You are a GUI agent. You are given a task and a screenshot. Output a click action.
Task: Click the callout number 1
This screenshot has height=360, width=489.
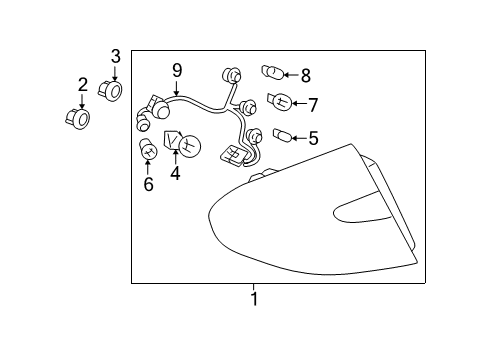click(x=254, y=299)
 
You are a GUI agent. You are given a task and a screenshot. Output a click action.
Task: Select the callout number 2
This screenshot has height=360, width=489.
click(x=83, y=85)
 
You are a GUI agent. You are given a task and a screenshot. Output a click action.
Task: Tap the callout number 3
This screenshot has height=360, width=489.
click(x=115, y=56)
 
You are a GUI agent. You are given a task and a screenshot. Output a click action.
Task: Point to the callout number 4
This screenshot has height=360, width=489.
click(x=175, y=173)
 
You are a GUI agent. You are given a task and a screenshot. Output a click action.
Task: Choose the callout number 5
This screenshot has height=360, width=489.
click(x=313, y=138)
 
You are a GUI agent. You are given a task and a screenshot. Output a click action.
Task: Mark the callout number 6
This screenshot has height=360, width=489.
click(x=148, y=184)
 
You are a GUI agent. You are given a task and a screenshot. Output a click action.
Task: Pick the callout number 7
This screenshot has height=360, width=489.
click(x=313, y=105)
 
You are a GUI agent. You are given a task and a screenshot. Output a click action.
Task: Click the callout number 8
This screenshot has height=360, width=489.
click(x=306, y=75)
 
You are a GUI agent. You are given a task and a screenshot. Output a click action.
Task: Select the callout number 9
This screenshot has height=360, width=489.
click(x=177, y=71)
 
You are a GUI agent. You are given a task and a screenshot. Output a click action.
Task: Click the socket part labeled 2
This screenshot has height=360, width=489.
click(x=78, y=119)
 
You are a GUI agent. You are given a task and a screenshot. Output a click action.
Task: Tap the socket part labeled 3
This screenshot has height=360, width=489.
click(x=111, y=91)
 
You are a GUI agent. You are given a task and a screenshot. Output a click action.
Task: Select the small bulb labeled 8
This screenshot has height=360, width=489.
click(x=272, y=72)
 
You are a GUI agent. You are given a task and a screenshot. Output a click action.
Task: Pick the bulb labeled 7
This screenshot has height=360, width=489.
click(x=280, y=101)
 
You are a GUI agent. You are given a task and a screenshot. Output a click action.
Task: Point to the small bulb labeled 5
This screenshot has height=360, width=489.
click(x=283, y=135)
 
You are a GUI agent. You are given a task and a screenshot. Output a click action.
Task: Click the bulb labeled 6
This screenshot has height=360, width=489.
click(x=148, y=149)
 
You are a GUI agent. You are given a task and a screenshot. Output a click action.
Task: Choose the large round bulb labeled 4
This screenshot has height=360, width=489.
click(x=182, y=143)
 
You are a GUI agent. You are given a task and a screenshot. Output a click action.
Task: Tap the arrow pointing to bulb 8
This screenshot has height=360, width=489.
click(x=292, y=75)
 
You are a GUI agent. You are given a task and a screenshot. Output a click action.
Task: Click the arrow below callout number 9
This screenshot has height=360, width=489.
click(x=176, y=88)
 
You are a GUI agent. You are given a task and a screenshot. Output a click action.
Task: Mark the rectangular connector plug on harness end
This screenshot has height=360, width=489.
click(x=233, y=155)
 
